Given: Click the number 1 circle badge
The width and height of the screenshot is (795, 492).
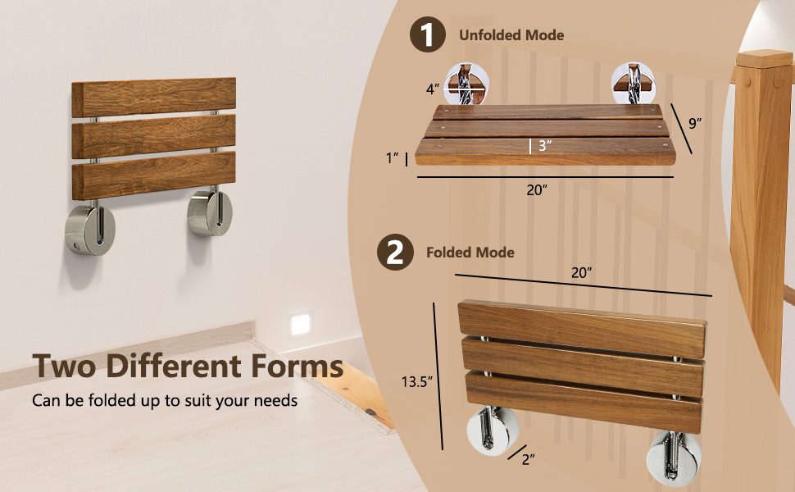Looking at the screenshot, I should (428, 36).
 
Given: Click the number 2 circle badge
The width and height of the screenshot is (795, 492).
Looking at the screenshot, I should (394, 253).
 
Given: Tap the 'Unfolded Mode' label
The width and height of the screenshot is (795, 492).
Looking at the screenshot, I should (511, 35).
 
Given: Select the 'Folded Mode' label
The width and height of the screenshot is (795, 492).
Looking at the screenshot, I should (470, 253).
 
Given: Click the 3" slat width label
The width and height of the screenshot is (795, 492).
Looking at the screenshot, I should (544, 146).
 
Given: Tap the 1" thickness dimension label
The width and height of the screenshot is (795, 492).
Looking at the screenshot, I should (393, 157).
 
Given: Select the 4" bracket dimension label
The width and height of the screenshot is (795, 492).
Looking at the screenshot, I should (431, 89).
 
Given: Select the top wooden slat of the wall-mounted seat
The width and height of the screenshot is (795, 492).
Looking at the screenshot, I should (153, 97).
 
